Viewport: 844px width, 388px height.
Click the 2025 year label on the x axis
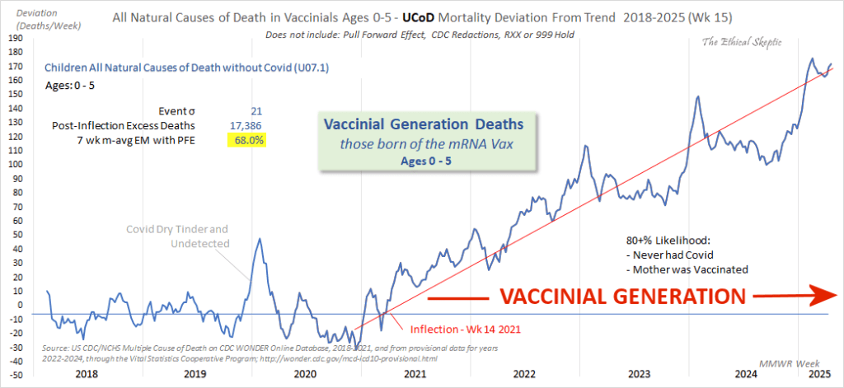coord(818,374)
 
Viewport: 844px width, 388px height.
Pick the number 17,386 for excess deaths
coord(248,124)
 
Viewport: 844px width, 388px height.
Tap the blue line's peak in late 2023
coord(698,96)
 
